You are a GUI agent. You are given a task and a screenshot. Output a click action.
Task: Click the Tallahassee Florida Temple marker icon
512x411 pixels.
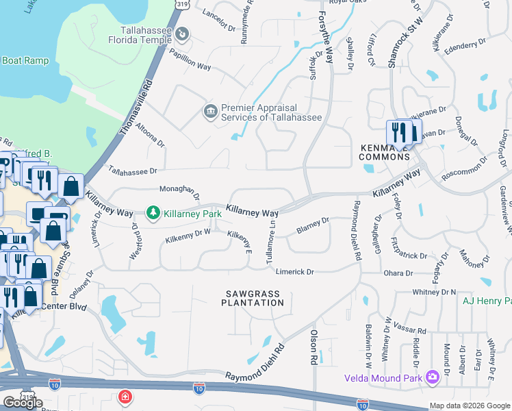[x=183, y=33]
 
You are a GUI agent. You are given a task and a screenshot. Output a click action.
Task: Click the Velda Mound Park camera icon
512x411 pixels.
[x=432, y=377]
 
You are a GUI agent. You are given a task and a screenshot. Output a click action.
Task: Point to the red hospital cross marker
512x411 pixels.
[x=125, y=397]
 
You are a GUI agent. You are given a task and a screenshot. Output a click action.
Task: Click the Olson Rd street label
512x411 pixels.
[x=314, y=348]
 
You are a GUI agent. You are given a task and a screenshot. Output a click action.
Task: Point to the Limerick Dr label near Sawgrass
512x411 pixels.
[x=294, y=272]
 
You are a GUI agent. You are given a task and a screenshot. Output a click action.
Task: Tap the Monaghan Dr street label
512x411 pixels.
[x=179, y=191]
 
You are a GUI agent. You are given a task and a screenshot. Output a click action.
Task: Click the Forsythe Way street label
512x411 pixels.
[x=327, y=33]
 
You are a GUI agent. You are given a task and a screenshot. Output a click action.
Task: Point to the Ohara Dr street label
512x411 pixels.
[x=399, y=273]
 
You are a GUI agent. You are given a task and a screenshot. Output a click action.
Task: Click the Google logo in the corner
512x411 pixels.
[x=23, y=402]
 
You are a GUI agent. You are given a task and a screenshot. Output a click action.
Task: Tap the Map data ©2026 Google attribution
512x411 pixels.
[x=470, y=406]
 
